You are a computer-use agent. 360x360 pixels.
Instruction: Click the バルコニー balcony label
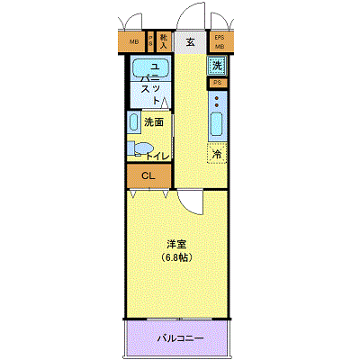coord(180,338)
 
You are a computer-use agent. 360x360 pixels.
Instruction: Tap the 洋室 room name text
coord(177,245)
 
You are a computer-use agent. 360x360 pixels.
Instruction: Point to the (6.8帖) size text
coord(177,257)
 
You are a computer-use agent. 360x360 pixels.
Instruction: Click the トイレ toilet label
coord(158,155)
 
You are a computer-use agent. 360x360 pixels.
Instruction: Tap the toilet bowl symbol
coord(139,148)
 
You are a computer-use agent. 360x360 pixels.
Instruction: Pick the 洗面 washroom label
coord(154,122)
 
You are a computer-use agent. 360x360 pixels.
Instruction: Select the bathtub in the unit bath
coord(143,69)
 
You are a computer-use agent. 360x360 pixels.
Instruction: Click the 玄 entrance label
coord(191,41)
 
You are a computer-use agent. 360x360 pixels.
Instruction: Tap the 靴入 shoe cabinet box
coord(164,41)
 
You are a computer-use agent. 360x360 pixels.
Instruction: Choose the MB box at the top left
coord(133,41)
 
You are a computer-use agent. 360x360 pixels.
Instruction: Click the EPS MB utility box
coord(219,41)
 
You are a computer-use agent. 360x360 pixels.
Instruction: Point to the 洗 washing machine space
coord(217,65)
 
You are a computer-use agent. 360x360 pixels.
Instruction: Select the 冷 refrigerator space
coord(217,154)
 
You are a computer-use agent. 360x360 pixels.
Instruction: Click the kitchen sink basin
coord(217,123)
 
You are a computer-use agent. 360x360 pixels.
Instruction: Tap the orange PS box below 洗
coord(217,84)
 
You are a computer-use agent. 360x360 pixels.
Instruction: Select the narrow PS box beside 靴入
coord(150,41)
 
